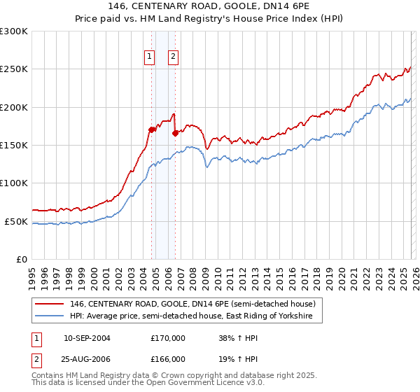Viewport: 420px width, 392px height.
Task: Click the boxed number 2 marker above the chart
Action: pos(173,58)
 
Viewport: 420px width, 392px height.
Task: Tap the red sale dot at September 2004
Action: pos(151,129)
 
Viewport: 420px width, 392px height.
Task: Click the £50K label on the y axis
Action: pos(16,221)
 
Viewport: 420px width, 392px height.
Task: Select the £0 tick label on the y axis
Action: pos(22,259)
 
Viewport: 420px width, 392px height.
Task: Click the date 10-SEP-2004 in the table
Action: pos(87,338)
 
